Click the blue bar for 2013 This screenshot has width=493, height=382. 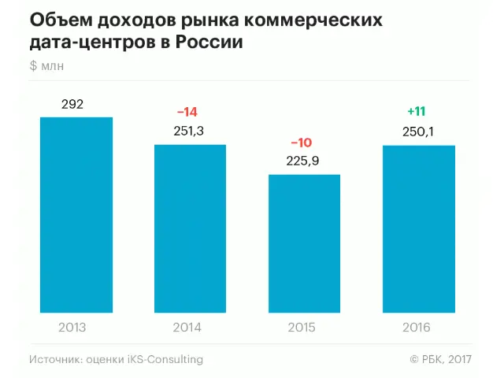76,214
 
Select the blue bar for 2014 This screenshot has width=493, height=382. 190,228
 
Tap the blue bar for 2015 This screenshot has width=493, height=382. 304,243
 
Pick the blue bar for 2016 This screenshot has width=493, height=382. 418,228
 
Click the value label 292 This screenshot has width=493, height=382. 72,105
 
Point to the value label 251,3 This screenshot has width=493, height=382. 189,131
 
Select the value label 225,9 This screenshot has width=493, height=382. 302,161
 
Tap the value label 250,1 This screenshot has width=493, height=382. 417,132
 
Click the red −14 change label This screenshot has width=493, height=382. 189,112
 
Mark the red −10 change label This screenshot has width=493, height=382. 302,143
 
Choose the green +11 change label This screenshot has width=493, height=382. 417,111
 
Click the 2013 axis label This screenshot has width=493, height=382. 72,327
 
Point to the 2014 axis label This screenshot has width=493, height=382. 187,327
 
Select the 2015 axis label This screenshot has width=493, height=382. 302,327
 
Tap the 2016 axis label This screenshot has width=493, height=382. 417,327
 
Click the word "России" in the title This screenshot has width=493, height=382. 209,42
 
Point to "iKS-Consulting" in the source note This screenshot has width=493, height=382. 165,359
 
